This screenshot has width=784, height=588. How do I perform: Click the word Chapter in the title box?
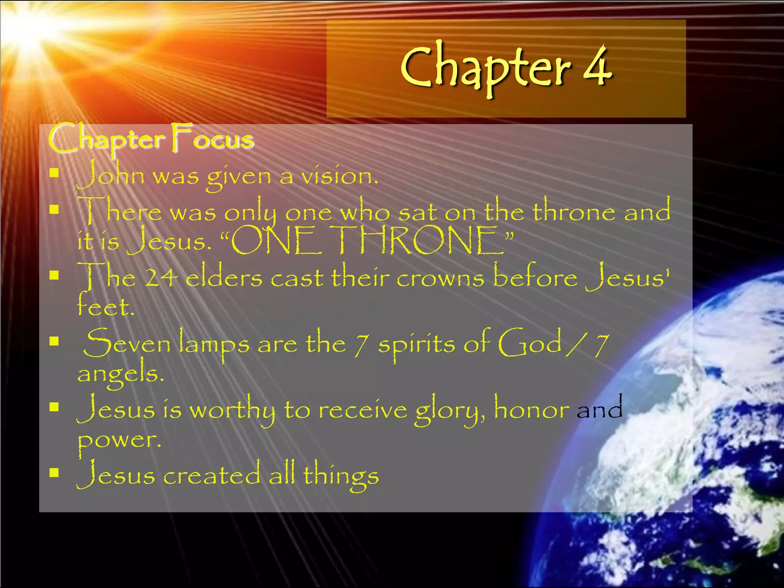coord(486,69)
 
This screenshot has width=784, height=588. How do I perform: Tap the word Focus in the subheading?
coord(212,139)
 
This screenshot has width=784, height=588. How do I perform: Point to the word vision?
coord(339,176)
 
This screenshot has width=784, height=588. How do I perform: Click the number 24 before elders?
coord(161,278)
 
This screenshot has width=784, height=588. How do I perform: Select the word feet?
coord(105,306)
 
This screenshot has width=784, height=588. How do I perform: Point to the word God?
coord(530,342)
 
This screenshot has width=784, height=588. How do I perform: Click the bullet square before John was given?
coord(54,173)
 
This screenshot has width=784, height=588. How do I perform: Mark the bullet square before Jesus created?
coord(54,473)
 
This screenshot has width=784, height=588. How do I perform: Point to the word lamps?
coord(214,344)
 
